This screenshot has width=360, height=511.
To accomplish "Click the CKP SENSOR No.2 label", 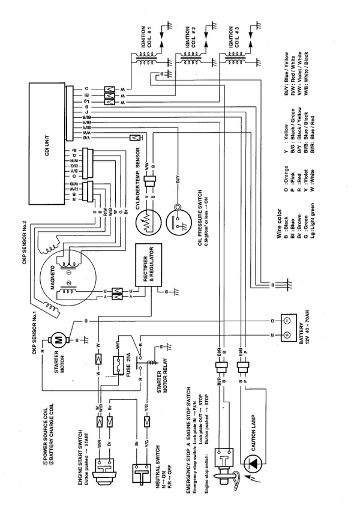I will click(x=24, y=229).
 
